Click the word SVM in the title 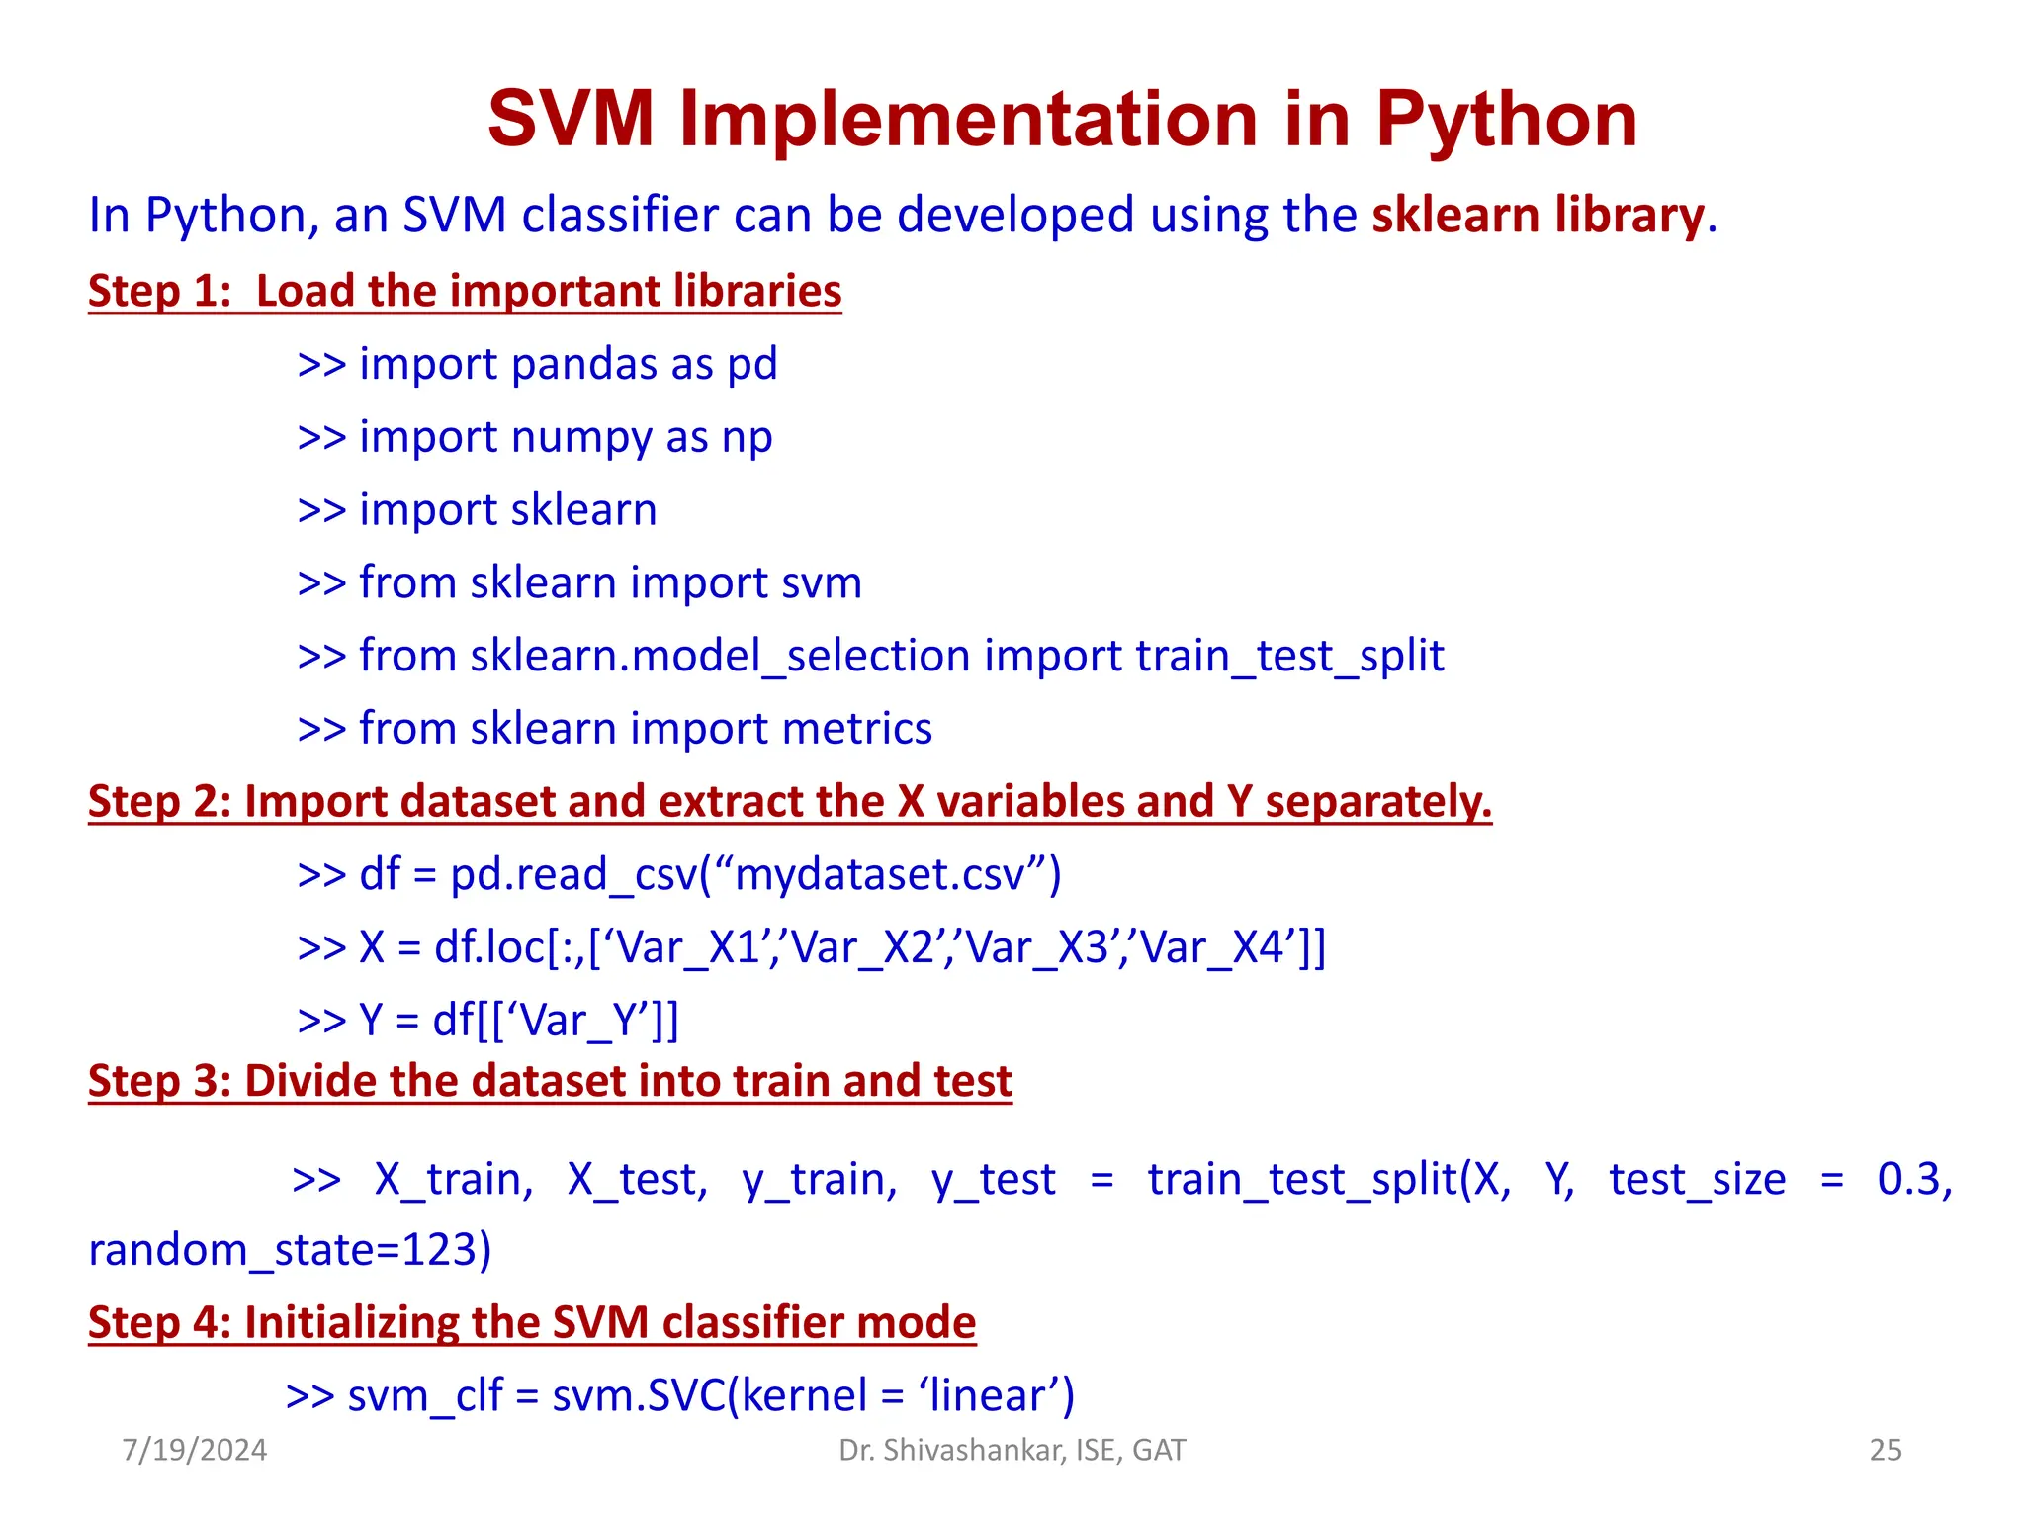[x=572, y=121]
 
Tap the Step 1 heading [x=465, y=291]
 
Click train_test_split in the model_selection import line [x=1289, y=656]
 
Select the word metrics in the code [x=856, y=729]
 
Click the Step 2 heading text [x=789, y=801]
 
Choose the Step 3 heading [x=550, y=1081]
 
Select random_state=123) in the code [x=290, y=1250]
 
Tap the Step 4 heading [x=532, y=1323]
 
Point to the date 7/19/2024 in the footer [x=195, y=1450]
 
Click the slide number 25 [x=1885, y=1450]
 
